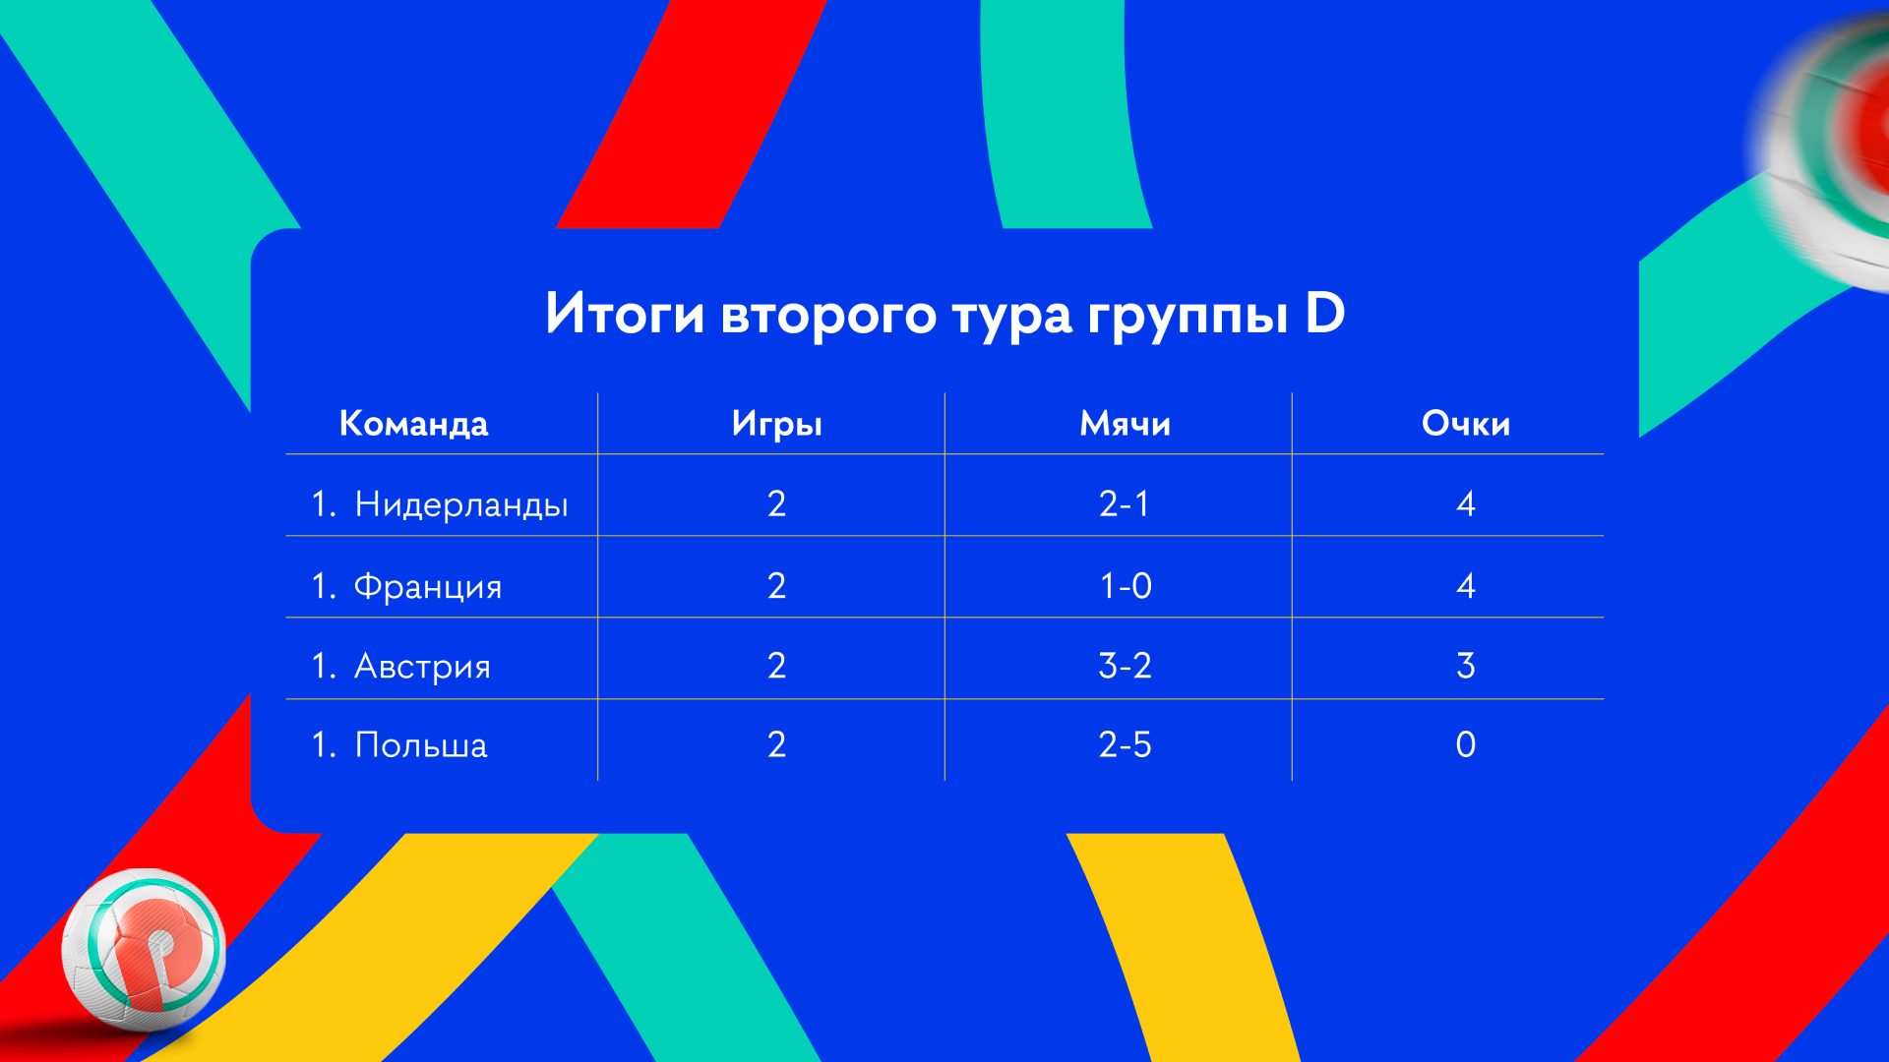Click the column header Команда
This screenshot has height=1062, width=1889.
[x=413, y=424]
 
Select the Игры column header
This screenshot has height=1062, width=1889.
[x=776, y=425]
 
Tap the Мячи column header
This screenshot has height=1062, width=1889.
[x=1125, y=424]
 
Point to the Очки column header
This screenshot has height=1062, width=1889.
[x=1465, y=424]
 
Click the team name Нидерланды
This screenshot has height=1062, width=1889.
[x=461, y=504]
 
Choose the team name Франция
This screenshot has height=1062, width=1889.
[x=428, y=586]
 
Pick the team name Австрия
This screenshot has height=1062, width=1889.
[x=422, y=666]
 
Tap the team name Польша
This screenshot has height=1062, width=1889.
[x=421, y=745]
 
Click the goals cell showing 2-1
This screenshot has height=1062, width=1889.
[x=1125, y=503]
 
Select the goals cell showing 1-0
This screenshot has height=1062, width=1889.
[x=1126, y=586]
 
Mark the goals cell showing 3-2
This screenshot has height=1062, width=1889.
[x=1125, y=666]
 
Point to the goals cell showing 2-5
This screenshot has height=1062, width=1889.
[x=1125, y=744]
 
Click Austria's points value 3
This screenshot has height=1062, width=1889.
[x=1466, y=666]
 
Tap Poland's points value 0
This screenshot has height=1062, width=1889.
[x=1466, y=744]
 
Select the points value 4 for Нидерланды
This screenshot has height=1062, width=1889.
[x=1466, y=503]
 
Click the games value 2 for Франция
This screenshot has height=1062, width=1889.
[x=776, y=586]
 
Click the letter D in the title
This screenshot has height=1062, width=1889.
[x=1324, y=313]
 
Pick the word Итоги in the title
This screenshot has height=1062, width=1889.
[x=625, y=314]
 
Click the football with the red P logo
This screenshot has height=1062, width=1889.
[x=144, y=950]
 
